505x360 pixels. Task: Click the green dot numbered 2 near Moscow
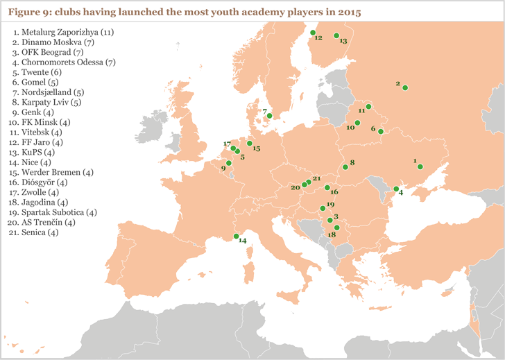tap(405, 88)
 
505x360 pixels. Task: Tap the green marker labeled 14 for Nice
tap(237, 236)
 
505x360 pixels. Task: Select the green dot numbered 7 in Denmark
tap(269, 117)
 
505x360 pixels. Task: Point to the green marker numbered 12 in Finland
tap(313, 33)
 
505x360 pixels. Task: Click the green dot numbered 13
tap(336, 36)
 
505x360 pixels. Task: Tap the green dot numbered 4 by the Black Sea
tap(396, 189)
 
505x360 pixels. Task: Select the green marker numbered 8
tap(345, 167)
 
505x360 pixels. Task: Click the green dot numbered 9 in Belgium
tap(229, 163)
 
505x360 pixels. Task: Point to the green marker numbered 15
tap(250, 144)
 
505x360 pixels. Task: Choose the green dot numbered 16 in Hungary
tap(327, 187)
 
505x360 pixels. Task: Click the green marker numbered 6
tap(380, 131)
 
